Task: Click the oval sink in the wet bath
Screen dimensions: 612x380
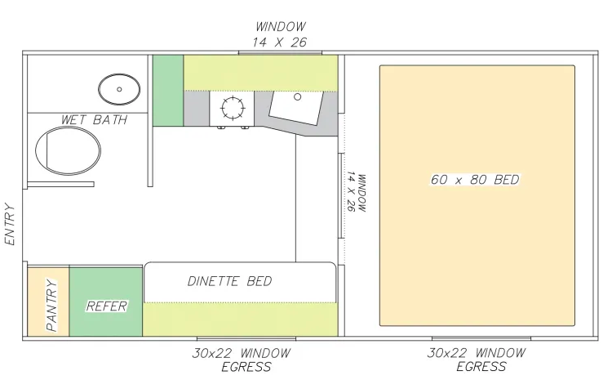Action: point(119,89)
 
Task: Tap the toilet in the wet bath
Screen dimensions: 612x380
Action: point(68,150)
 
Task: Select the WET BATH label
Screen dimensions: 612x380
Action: point(95,119)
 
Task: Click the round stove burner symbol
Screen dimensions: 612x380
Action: point(233,108)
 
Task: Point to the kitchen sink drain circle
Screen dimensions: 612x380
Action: point(297,96)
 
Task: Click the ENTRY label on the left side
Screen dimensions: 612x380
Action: point(10,224)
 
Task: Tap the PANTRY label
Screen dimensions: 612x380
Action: point(51,305)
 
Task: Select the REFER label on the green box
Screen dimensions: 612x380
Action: point(107,306)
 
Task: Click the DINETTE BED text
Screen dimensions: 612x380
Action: point(229,281)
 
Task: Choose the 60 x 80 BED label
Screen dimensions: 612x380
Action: point(475,180)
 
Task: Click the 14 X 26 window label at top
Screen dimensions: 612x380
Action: point(279,42)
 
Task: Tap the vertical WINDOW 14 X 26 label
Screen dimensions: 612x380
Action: point(356,192)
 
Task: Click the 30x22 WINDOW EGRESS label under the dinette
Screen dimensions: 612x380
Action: point(242,360)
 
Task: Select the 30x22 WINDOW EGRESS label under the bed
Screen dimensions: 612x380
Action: point(477,360)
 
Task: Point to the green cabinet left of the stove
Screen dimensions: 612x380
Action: point(168,91)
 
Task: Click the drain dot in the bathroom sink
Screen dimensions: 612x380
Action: point(119,89)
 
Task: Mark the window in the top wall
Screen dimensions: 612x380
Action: point(280,53)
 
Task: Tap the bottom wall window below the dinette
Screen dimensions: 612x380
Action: point(246,338)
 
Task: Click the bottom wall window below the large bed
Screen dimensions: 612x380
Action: point(481,338)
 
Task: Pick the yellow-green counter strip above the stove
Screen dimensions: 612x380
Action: point(261,73)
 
